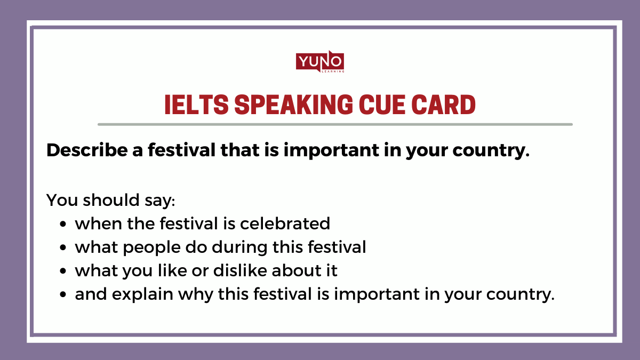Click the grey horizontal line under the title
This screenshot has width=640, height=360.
pyautogui.click(x=335, y=124)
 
